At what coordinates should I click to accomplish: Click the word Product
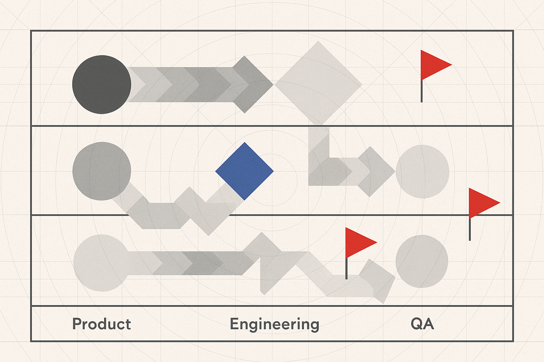coord(102,324)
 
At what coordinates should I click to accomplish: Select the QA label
coord(422,324)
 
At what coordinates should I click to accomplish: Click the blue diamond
coord(244,171)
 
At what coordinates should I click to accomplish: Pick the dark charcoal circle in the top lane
coord(102,84)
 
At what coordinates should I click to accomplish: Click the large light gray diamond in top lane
coord(318,83)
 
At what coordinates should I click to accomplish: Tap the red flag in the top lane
coord(434,65)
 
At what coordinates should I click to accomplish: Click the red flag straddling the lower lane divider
coord(482,203)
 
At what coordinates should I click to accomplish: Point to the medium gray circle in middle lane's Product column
coord(102,171)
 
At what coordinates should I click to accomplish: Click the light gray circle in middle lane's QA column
coord(422,171)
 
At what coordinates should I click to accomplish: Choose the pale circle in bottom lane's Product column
coord(101,263)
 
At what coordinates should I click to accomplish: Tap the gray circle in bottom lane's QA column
coord(421,261)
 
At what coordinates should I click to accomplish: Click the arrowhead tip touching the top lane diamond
coord(271,84)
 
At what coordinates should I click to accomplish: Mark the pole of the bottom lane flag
coord(346,269)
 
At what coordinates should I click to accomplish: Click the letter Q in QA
coord(416,324)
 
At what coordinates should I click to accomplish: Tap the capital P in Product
coord(76,324)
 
